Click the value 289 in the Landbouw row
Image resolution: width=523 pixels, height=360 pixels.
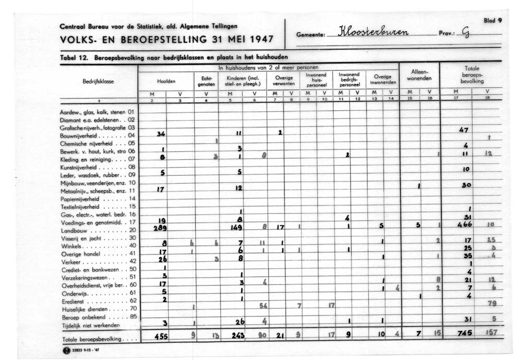point(160,229)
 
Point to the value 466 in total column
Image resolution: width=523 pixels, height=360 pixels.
point(464,224)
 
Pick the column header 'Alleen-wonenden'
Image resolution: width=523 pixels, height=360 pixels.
point(416,75)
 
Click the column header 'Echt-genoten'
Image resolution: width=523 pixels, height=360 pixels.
point(206,80)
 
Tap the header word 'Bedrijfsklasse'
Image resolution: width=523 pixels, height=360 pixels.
point(98,81)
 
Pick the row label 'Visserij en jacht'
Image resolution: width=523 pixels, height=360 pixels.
point(80,238)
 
